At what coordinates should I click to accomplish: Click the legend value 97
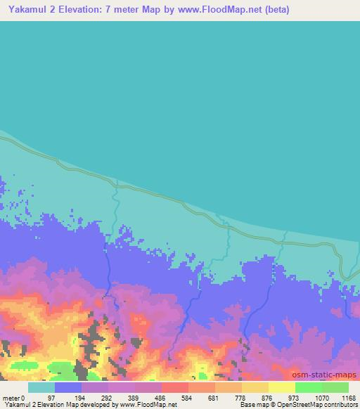[x=55, y=396]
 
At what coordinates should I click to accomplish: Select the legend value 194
[x=82, y=396]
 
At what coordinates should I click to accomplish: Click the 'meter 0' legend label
[x=13, y=396]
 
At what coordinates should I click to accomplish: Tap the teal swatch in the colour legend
[x=41, y=387]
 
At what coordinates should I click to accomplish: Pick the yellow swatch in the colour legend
[x=282, y=387]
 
